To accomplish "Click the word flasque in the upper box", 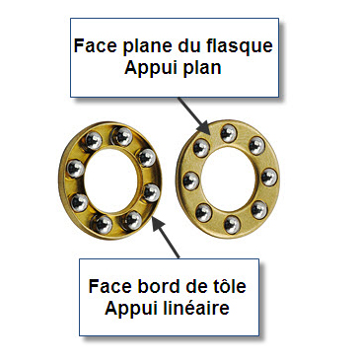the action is tap(240, 45).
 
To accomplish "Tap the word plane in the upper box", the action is tap(145, 46).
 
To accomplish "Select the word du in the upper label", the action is tap(187, 45).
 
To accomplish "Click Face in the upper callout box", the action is tap(96, 45).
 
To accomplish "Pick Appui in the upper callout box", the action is tap(151, 69).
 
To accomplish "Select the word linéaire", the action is tap(196, 308).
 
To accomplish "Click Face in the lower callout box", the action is tap(110, 286).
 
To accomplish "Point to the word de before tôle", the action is tap(196, 286).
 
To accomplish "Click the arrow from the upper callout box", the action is tap(194, 116).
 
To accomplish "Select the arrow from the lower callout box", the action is tap(167, 239).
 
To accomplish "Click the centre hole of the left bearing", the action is tap(110, 181).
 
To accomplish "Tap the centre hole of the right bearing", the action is tap(229, 179).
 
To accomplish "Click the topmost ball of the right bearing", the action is tap(229, 133).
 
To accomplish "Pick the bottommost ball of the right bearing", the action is tap(232, 224).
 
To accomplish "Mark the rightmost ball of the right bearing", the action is tap(269, 177).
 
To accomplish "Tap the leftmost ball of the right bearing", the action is tap(190, 181).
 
